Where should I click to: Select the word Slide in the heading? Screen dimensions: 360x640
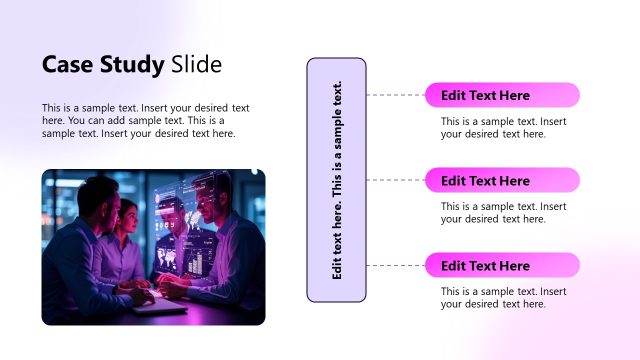click(196, 65)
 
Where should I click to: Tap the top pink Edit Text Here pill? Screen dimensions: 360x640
click(502, 96)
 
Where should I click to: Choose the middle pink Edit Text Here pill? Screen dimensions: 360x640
click(502, 181)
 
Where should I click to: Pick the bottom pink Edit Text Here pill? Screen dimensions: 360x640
click(502, 266)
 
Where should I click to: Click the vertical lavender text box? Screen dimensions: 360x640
click(336, 180)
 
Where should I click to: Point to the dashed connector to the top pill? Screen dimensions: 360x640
click(395, 95)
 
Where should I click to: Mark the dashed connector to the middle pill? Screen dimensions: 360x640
click(395, 180)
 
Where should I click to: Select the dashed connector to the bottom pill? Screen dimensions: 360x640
click(395, 265)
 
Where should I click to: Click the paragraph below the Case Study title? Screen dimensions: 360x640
click(145, 120)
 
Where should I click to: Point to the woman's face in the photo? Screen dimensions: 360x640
click(128, 216)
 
